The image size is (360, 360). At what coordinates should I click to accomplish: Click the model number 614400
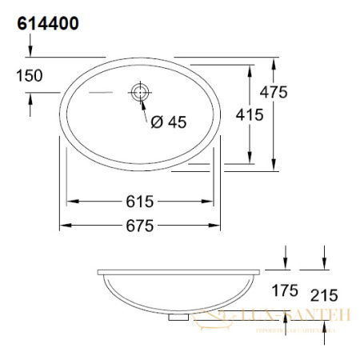tap(47, 24)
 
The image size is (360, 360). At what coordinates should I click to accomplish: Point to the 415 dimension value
tap(250, 115)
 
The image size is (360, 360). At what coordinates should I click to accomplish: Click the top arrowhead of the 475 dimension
tap(276, 61)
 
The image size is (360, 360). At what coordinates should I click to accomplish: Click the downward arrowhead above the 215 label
tap(324, 266)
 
